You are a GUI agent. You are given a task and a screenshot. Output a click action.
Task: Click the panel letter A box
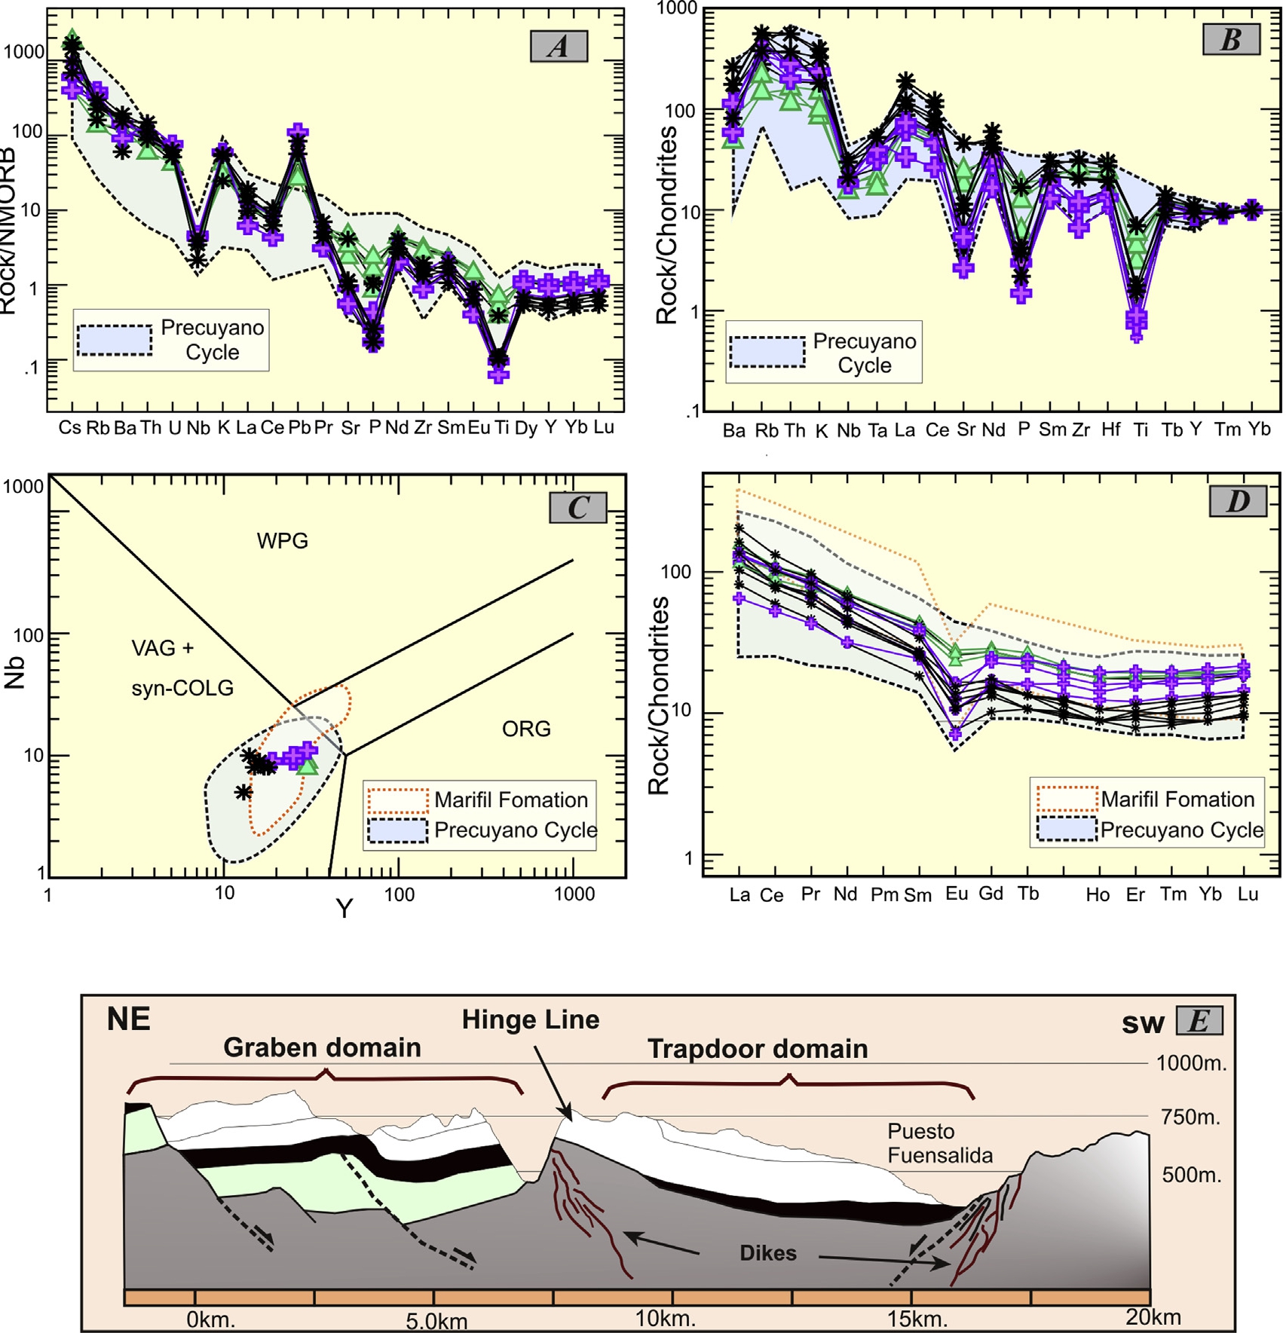pyautogui.click(x=558, y=47)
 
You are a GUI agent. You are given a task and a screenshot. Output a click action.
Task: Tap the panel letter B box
pyautogui.click(x=1230, y=39)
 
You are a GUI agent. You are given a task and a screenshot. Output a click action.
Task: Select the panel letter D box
pyautogui.click(x=1238, y=501)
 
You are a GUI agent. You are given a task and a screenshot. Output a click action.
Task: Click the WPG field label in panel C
pyautogui.click(x=283, y=541)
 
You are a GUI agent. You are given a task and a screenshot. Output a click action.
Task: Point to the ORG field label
pyautogui.click(x=526, y=729)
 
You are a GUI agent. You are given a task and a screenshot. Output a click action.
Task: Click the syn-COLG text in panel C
pyautogui.click(x=182, y=688)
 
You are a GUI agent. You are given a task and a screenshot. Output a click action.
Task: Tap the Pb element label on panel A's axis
pyautogui.click(x=299, y=428)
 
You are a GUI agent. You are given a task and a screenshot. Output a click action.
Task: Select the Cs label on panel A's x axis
pyautogui.click(x=69, y=428)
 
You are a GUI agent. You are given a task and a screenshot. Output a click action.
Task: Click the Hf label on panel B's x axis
pyautogui.click(x=1110, y=430)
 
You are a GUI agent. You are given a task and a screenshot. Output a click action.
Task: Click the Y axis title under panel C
pyautogui.click(x=344, y=909)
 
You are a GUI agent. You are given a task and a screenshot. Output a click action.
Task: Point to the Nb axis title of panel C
pyautogui.click(x=15, y=673)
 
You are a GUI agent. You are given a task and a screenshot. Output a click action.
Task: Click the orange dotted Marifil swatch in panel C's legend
pyautogui.click(x=397, y=800)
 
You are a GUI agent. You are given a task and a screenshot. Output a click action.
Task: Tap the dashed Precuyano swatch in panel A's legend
pyautogui.click(x=115, y=340)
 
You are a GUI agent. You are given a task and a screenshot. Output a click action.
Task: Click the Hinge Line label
pyautogui.click(x=530, y=1020)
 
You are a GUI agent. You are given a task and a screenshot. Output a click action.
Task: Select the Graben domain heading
pyautogui.click(x=322, y=1047)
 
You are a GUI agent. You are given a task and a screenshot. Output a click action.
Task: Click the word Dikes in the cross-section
pyautogui.click(x=767, y=1253)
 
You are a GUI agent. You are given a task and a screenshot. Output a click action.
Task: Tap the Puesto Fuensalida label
pyautogui.click(x=939, y=1143)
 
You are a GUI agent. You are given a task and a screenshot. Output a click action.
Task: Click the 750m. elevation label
pyautogui.click(x=1190, y=1117)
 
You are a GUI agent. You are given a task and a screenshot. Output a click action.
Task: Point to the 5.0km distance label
pyautogui.click(x=436, y=1321)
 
